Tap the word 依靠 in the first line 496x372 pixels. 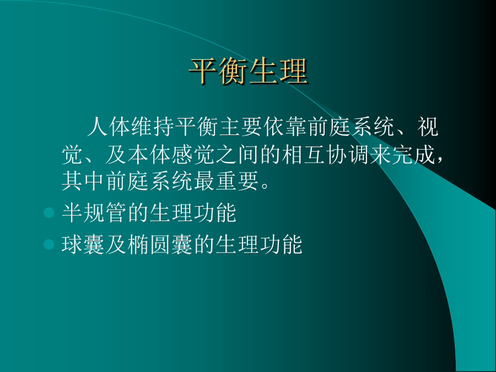click(x=285, y=127)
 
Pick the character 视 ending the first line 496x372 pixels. click(x=428, y=127)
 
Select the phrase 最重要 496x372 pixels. click(x=226, y=181)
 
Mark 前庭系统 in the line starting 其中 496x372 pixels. click(x=149, y=181)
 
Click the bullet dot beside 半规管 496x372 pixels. click(x=49, y=212)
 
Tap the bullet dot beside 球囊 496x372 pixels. click(x=49, y=244)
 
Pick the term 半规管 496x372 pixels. click(x=94, y=212)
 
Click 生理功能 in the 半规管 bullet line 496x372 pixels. click(x=193, y=212)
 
